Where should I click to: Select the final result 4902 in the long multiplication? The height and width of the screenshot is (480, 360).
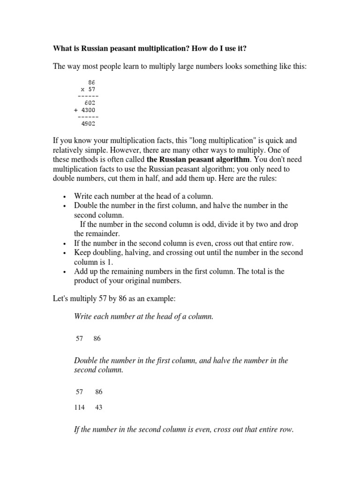(x=88, y=124)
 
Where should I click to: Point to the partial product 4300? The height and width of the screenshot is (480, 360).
(x=88, y=110)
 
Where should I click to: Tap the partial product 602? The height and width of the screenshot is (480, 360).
(x=90, y=102)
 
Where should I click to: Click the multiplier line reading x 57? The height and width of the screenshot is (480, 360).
(x=88, y=89)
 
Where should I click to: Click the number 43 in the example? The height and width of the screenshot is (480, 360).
(x=98, y=407)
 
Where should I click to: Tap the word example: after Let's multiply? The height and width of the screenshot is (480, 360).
(x=159, y=299)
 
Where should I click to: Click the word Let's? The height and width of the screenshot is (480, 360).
(x=62, y=299)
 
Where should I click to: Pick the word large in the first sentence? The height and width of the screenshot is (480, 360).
(x=180, y=67)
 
